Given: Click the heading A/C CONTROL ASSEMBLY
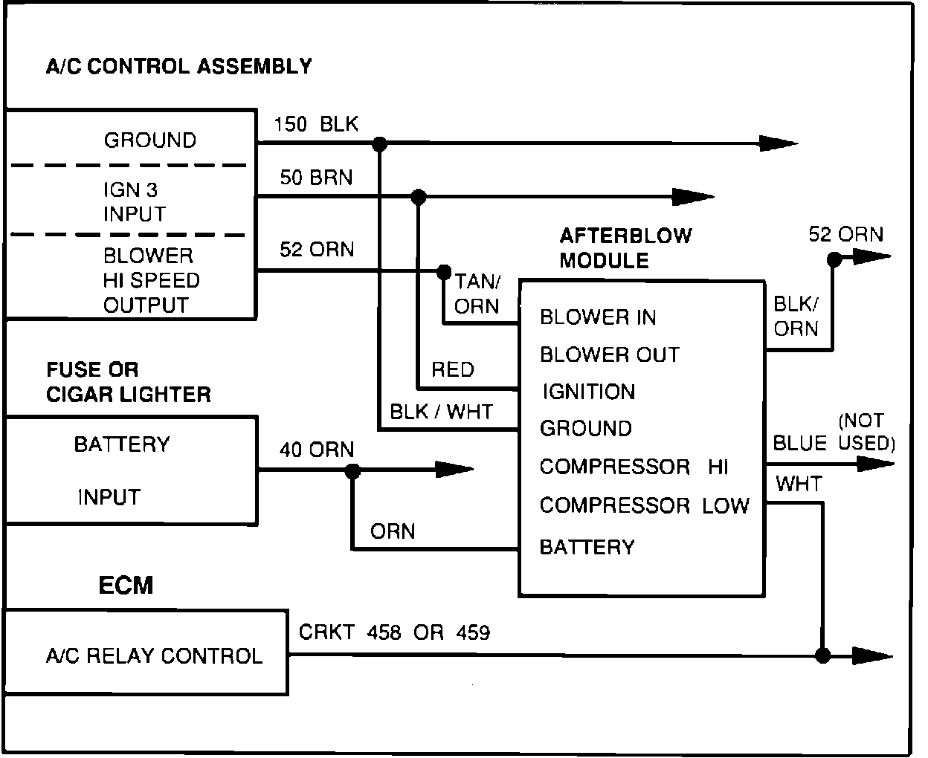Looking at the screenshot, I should [178, 66].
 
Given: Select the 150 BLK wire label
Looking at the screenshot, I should [316, 124].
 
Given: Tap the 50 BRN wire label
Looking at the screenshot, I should [316, 178].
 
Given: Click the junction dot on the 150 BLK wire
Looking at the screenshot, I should [379, 143].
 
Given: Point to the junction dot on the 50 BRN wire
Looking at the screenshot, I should [419, 197].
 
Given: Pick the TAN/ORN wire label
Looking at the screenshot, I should [477, 294].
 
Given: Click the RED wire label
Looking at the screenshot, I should [452, 369].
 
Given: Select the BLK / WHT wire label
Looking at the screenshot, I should [441, 412].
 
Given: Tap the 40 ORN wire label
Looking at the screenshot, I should [317, 450].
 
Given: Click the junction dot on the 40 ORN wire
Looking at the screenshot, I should [352, 470].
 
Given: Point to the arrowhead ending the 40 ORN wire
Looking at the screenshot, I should [454, 470].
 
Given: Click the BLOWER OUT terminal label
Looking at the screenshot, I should [610, 354].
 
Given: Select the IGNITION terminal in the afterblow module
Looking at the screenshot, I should [588, 392].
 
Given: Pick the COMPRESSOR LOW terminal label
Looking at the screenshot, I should [644, 506].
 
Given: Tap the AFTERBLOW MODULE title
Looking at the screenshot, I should [625, 248].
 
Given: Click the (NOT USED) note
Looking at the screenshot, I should [866, 433].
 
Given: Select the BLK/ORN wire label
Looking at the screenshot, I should [796, 316].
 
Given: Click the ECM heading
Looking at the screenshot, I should [126, 586].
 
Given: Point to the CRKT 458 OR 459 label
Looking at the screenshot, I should [394, 632].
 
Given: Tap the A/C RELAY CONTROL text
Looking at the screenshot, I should [154, 655].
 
